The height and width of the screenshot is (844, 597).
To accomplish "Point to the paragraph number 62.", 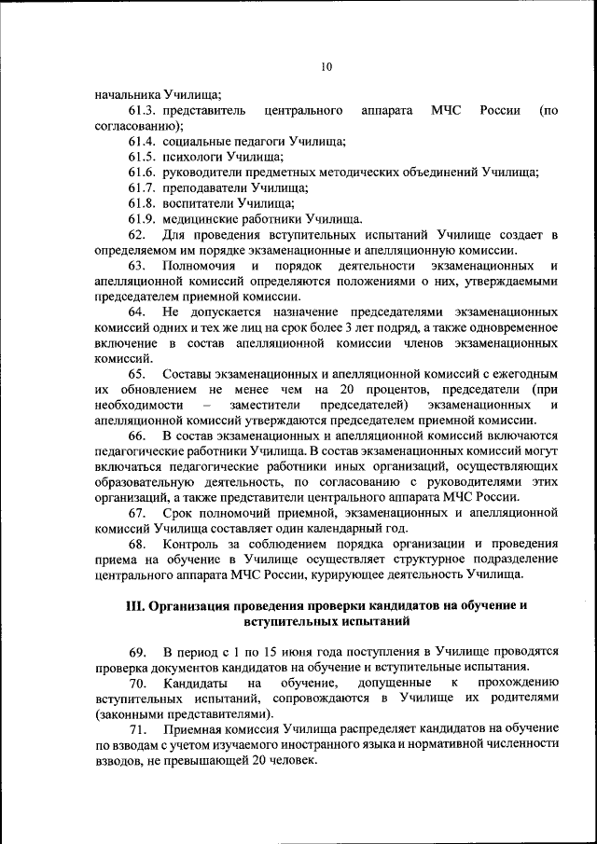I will coord(137,233).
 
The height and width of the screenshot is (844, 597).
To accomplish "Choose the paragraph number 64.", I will coord(137,311).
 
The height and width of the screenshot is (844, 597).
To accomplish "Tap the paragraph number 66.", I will coord(137,435).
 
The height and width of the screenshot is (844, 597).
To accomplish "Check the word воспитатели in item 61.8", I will coord(198,202).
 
